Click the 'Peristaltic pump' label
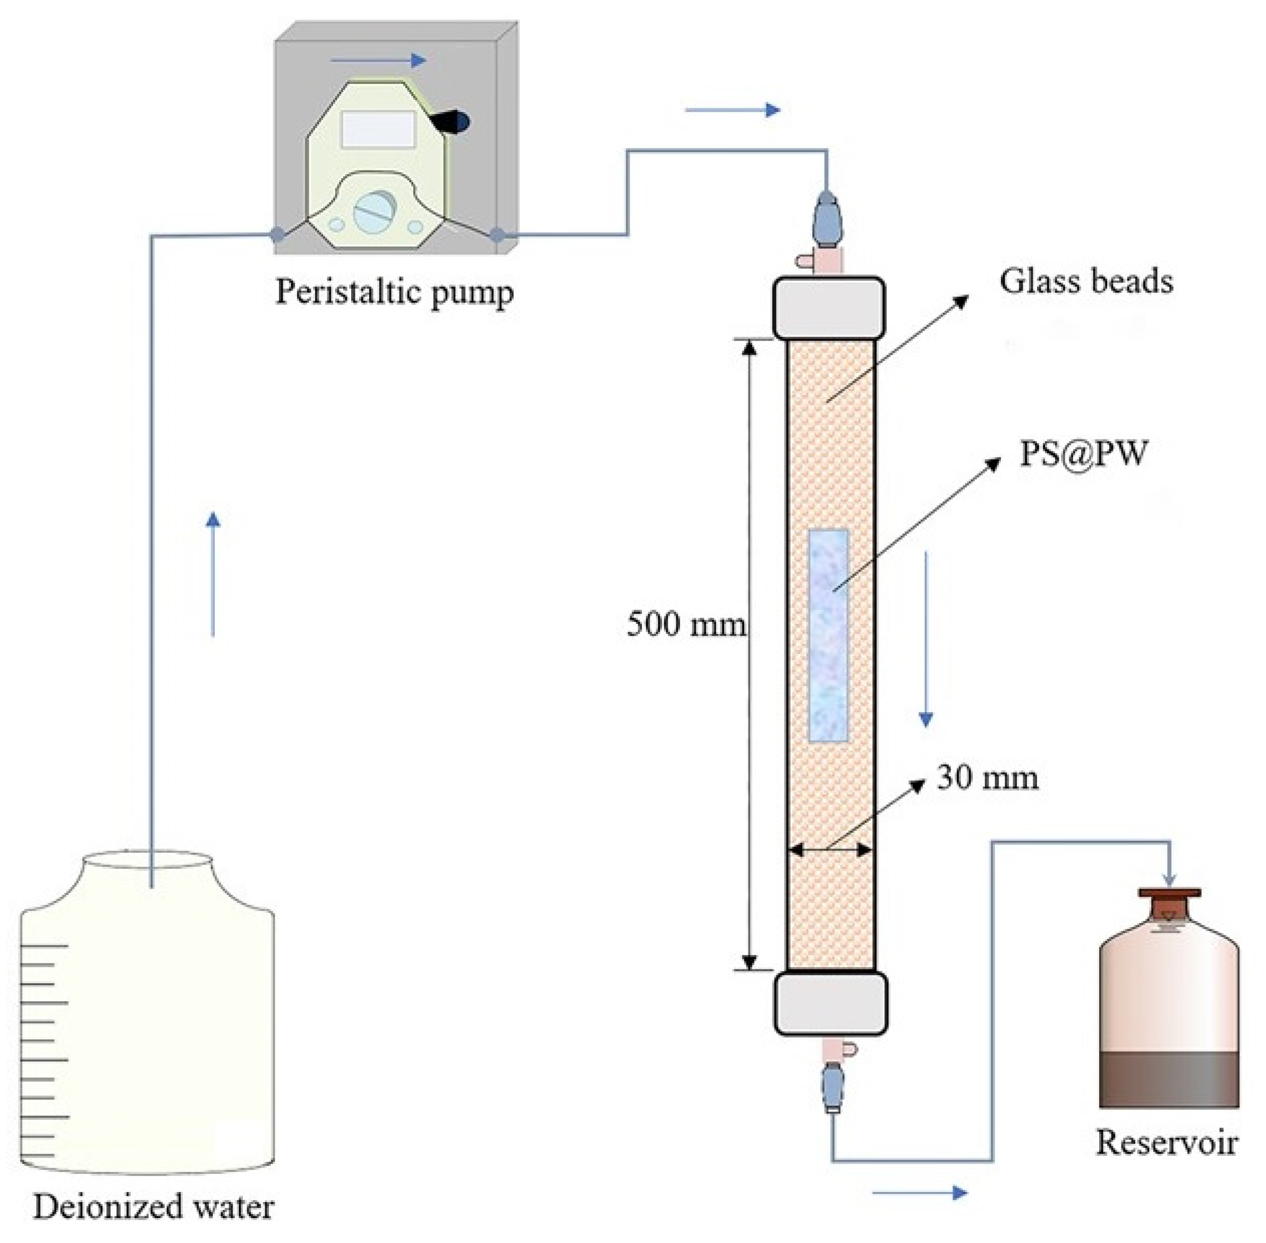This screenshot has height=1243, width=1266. point(394,292)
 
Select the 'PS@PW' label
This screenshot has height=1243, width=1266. point(1083,453)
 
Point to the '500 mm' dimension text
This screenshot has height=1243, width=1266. point(686,624)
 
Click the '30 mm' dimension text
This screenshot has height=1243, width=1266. point(987,777)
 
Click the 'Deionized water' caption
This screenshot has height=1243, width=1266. point(154,1206)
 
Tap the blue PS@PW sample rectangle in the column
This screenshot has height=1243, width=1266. point(829,635)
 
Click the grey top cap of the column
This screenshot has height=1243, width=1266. point(829,307)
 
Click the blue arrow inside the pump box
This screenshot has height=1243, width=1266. point(378,61)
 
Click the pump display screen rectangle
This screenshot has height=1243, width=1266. point(378,129)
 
